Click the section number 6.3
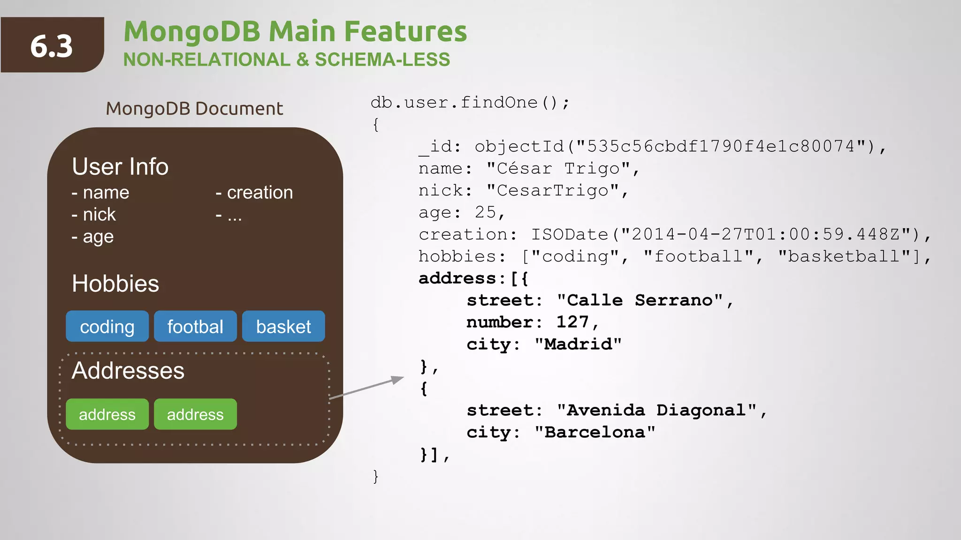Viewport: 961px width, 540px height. point(52,46)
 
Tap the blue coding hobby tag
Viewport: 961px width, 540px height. point(107,326)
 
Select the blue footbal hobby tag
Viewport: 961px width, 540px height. point(195,326)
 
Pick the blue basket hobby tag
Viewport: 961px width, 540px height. point(283,326)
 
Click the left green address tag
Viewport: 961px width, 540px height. point(107,414)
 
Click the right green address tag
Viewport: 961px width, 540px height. point(195,414)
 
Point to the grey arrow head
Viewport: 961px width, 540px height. point(398,379)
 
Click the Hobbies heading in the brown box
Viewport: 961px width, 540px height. point(115,284)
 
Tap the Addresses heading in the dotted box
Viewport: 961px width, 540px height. point(128,370)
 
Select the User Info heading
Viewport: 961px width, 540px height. point(120,166)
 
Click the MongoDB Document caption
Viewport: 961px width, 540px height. point(194,109)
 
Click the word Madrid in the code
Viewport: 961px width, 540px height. point(578,344)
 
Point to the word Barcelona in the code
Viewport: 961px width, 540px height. point(595,432)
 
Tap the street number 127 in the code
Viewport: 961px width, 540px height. point(572,322)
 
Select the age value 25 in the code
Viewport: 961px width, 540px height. point(485,212)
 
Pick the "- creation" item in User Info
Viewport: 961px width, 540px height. point(254,193)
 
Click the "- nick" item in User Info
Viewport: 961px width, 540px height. point(94,215)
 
